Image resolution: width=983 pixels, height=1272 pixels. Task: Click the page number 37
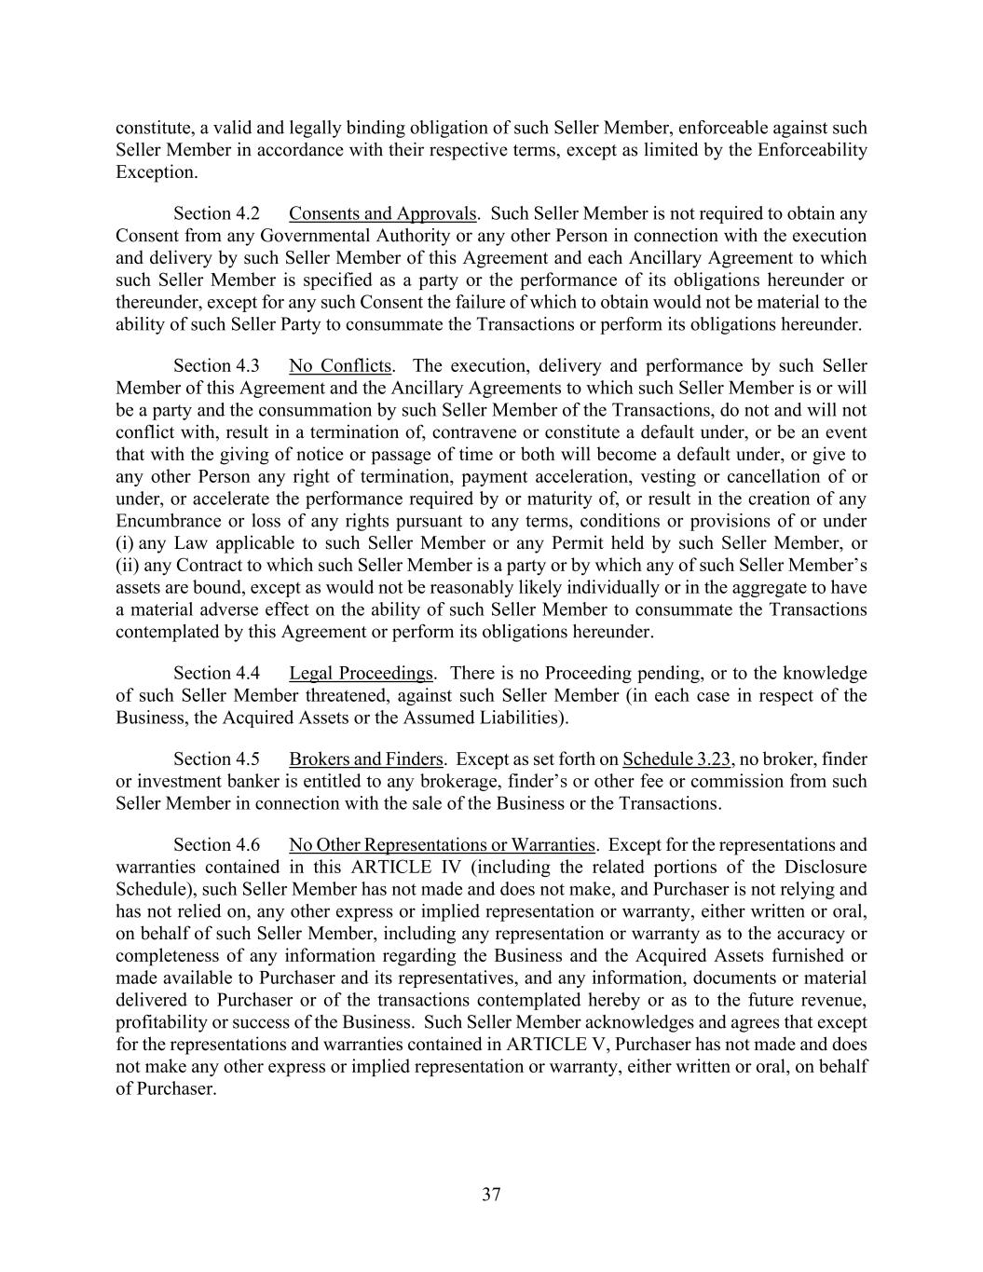(x=491, y=1195)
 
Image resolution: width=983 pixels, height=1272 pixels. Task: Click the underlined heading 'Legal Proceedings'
(x=362, y=673)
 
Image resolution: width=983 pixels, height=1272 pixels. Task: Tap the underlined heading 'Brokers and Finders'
(x=365, y=759)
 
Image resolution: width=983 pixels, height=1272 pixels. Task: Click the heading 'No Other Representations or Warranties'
(x=442, y=844)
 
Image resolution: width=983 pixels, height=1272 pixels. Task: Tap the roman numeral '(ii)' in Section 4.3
(x=128, y=566)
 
